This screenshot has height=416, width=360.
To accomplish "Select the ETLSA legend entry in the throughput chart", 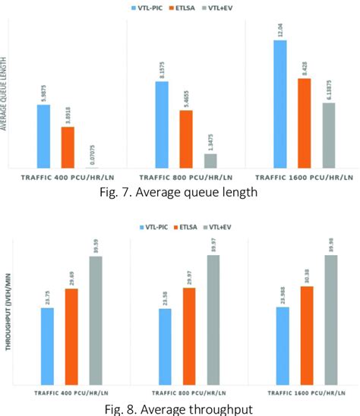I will (x=191, y=226).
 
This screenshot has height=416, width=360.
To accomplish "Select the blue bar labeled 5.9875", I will (x=43, y=137).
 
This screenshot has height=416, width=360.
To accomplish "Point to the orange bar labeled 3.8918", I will (x=68, y=147).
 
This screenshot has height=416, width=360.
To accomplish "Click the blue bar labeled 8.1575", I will (x=162, y=124).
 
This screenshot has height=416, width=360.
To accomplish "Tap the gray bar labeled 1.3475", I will (x=210, y=161).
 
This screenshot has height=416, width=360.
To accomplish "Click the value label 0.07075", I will (x=92, y=155).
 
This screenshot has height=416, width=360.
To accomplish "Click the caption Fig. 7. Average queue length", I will (x=179, y=192).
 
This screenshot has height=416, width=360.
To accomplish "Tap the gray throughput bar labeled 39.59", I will (x=96, y=320).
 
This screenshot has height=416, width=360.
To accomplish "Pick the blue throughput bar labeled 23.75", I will (x=47, y=346).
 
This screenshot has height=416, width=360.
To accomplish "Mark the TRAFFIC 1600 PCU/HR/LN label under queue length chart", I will (x=304, y=177).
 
